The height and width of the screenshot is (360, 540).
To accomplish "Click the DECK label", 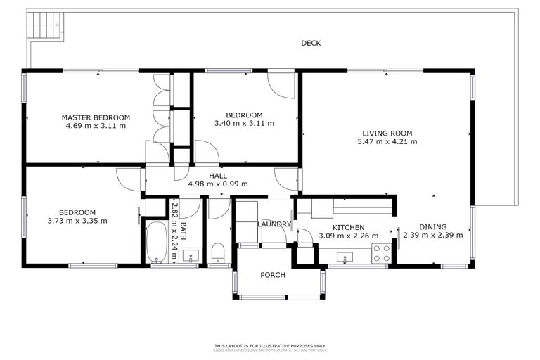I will [x=311, y=44].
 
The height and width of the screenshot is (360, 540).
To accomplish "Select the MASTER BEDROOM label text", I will [x=96, y=117].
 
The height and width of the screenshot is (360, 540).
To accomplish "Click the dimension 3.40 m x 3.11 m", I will [x=244, y=124].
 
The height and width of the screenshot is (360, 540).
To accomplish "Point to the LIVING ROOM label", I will [x=387, y=133].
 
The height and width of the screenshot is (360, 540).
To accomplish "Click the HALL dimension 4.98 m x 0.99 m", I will [x=218, y=184].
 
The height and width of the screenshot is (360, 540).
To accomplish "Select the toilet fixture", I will [x=217, y=251].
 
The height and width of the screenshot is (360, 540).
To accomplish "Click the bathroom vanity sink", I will [x=189, y=255].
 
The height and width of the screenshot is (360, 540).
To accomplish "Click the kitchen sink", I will [x=344, y=259].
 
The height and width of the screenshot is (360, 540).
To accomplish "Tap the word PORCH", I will [x=273, y=275].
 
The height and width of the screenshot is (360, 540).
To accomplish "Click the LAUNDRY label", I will [x=274, y=224].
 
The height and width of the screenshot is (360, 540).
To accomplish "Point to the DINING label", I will [x=432, y=227].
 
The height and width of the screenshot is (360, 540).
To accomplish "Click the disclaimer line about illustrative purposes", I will [x=270, y=345].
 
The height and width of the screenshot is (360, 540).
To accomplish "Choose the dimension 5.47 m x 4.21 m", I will [x=387, y=141].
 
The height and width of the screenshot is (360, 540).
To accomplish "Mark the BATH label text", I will [x=183, y=231].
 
